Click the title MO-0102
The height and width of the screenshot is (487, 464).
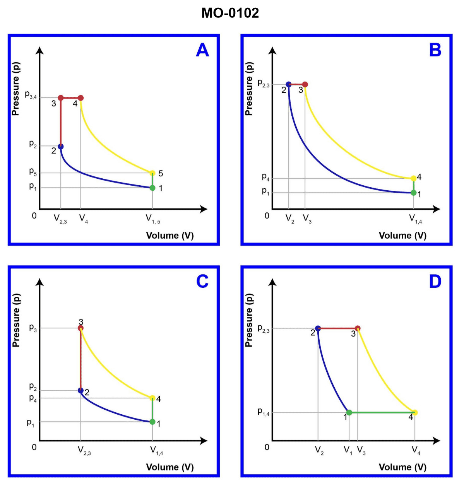[x=230, y=13]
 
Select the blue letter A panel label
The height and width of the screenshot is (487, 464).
[x=202, y=50]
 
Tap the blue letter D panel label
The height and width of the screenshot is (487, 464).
[x=435, y=282]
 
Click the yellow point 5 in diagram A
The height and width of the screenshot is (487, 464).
[x=152, y=173]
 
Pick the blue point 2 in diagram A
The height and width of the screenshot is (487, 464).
[x=61, y=147]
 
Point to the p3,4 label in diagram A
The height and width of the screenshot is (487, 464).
[x=31, y=95]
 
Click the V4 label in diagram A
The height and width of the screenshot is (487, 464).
[x=83, y=219]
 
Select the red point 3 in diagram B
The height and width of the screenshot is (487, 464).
[x=305, y=84]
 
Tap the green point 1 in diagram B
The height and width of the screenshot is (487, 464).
[x=413, y=193]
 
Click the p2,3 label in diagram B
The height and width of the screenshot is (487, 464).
[x=264, y=83]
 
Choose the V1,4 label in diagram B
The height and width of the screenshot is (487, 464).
[x=416, y=219]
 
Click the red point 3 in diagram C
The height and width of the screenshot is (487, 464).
[x=80, y=328]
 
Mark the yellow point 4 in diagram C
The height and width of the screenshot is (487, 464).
[x=152, y=398]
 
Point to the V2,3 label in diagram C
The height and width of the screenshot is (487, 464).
[x=84, y=451]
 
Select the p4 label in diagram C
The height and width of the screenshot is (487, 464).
[x=33, y=398]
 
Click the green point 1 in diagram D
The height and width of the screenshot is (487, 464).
[x=349, y=412]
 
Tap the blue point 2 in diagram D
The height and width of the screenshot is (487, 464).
[x=318, y=328]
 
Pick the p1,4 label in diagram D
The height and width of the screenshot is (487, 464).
[x=264, y=412]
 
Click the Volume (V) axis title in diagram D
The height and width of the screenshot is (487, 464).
[x=402, y=467]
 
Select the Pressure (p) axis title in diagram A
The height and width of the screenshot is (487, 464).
[x=15, y=89]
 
